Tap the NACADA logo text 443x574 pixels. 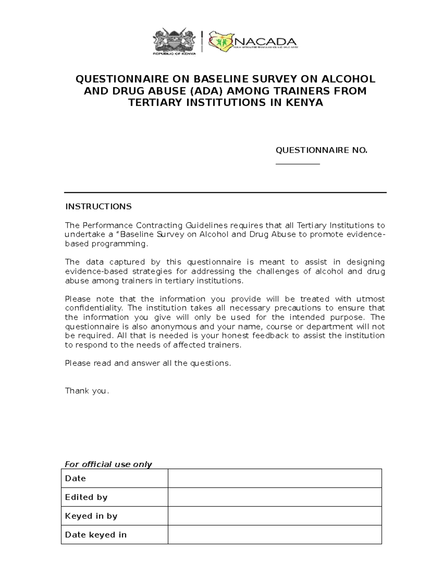[x=265, y=41]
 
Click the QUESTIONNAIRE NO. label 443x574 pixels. [x=322, y=150]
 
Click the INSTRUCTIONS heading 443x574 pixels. [x=98, y=206]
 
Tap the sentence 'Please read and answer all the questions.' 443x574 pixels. [x=148, y=363]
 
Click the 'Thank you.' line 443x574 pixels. [x=87, y=391]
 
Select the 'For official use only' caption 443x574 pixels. [x=108, y=464]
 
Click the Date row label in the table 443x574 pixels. [x=75, y=478]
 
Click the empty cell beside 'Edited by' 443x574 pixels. [x=275, y=497]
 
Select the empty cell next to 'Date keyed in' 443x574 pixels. [x=275, y=535]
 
